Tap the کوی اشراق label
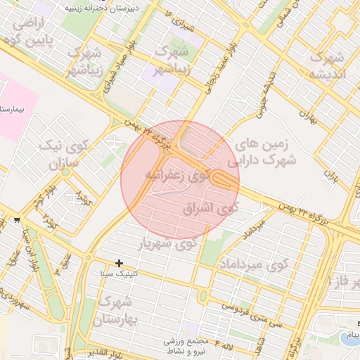210,209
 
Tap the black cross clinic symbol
120,263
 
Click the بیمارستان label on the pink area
13,110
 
